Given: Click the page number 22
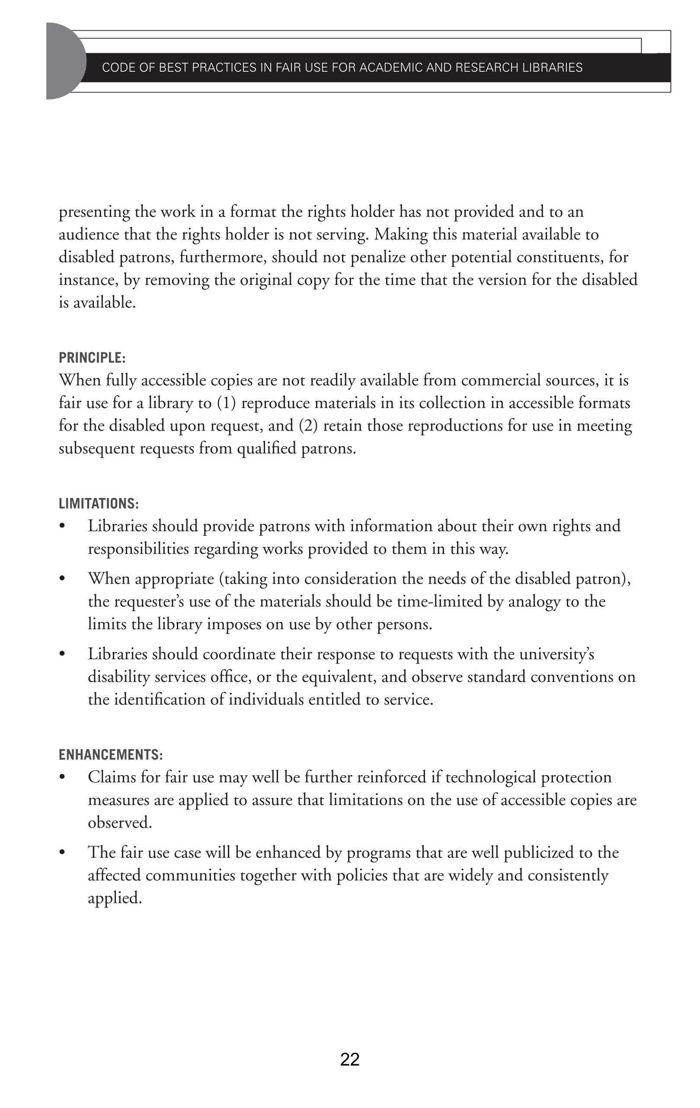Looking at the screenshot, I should point(350,1059).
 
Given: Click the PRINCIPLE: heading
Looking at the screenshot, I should point(92,358).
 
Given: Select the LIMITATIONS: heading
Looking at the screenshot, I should point(99,503).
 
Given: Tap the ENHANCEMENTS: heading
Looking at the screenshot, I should point(110,755).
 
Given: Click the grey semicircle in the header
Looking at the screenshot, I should point(64,61).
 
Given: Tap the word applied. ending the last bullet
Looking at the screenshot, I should point(115,898).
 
